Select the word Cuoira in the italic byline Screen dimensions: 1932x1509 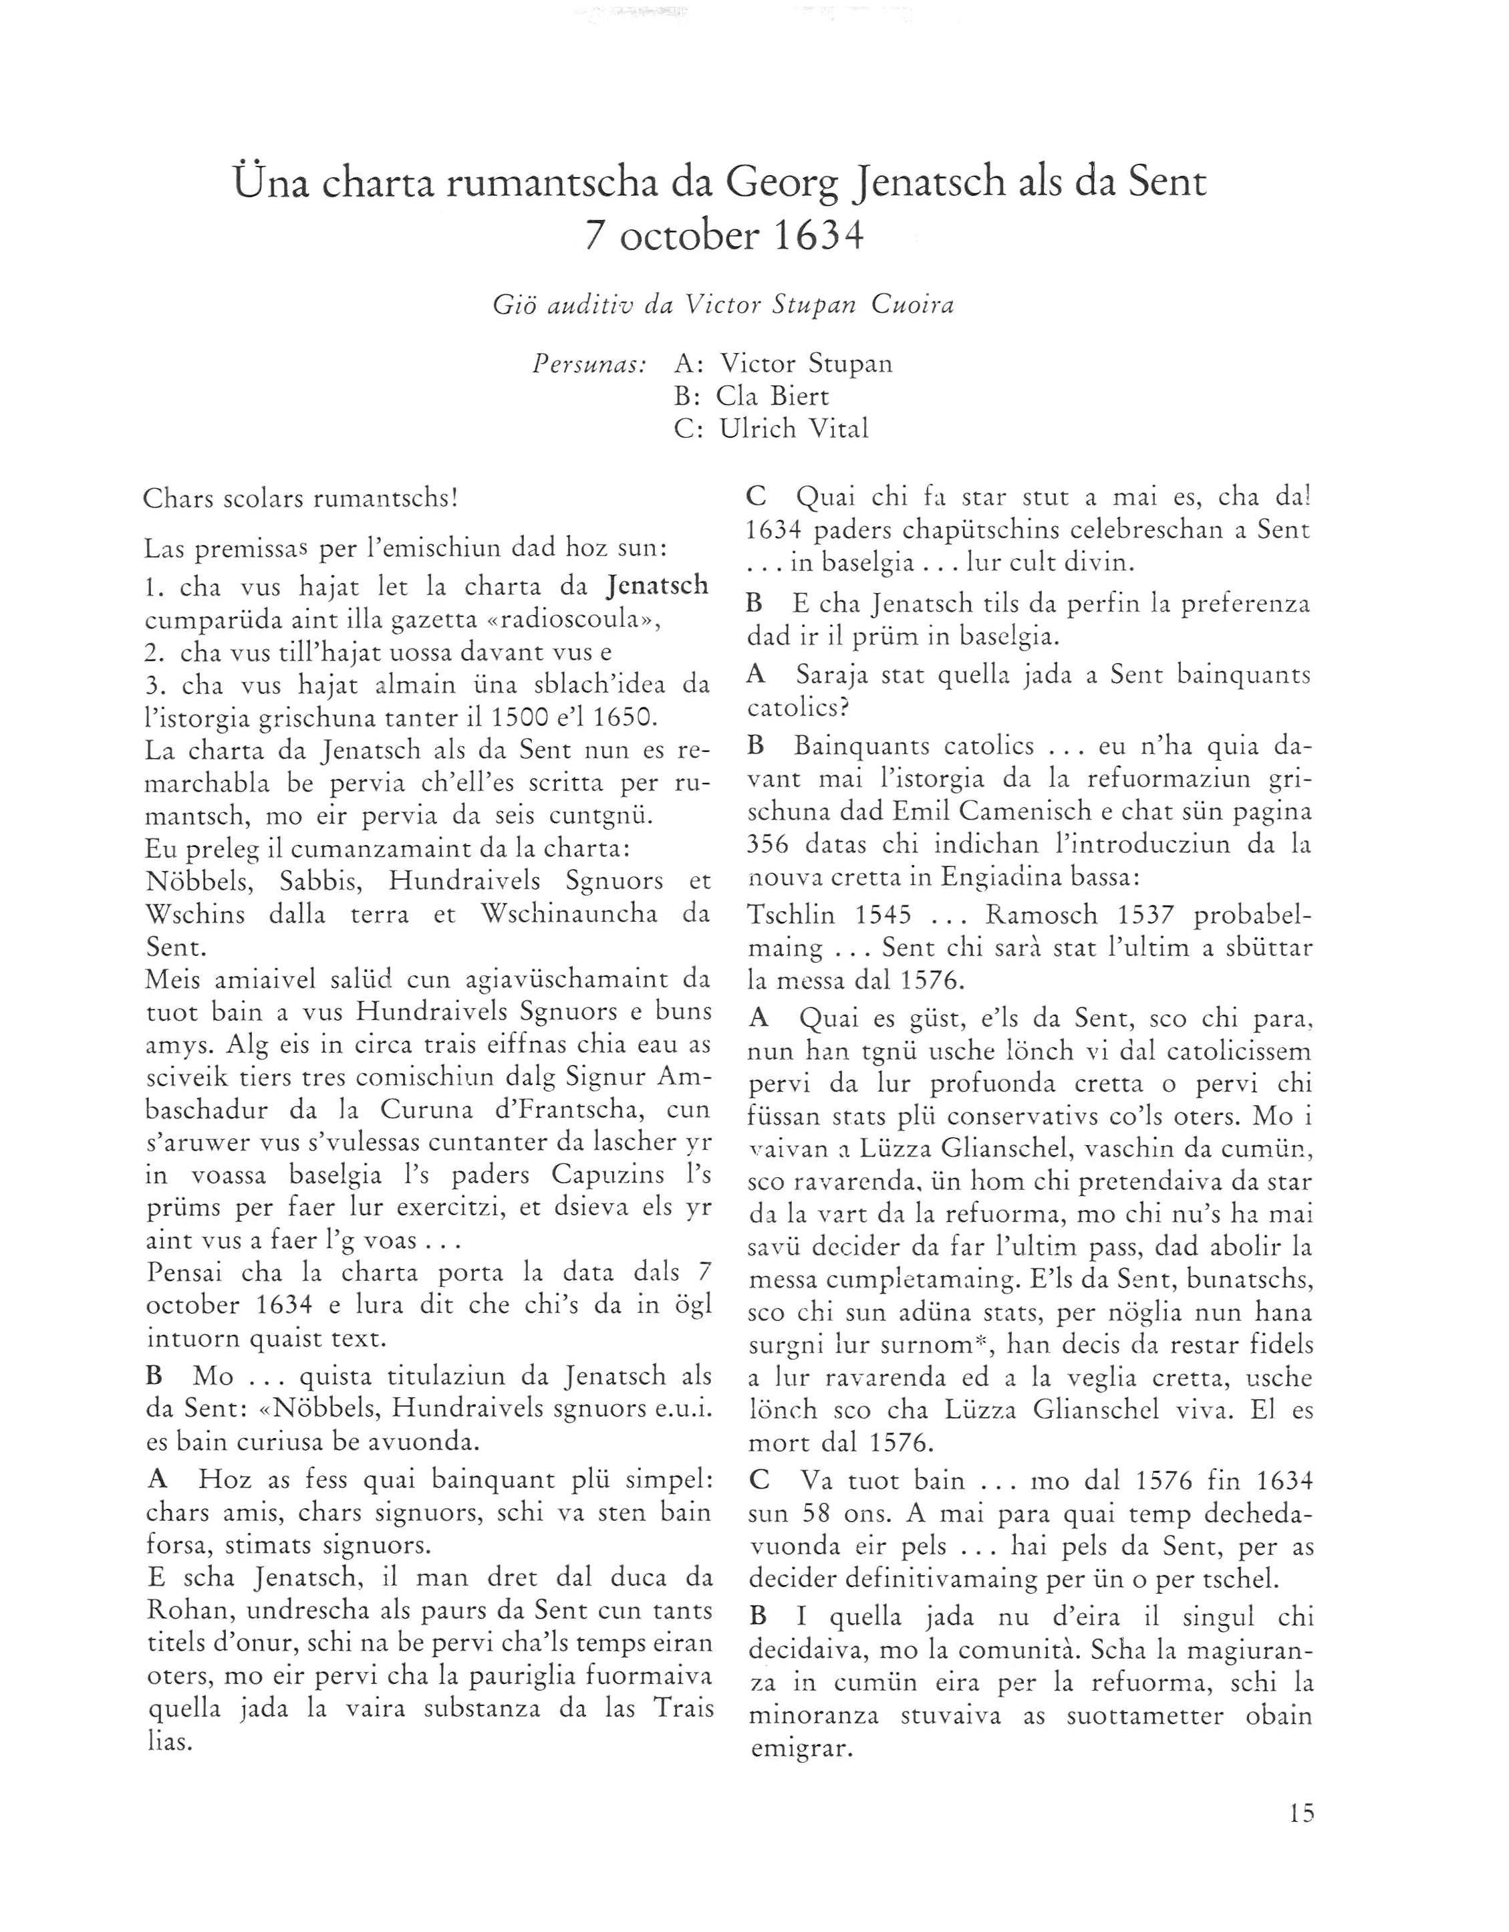click(912, 306)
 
